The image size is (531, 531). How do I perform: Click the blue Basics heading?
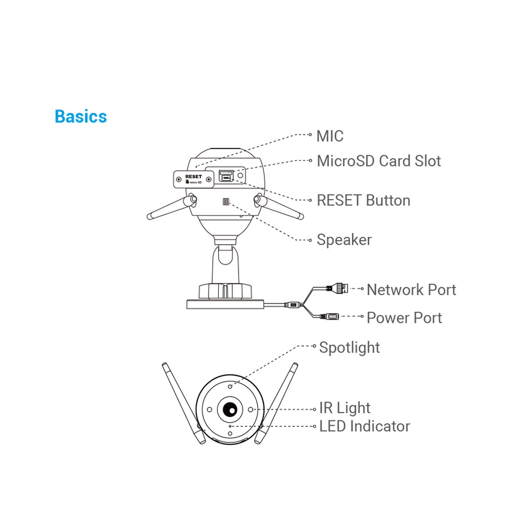80,116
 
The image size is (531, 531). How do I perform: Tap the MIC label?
330,136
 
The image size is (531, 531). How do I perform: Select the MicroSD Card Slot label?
379,161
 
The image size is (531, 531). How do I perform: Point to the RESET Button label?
363,200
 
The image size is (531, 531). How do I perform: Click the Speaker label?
344,240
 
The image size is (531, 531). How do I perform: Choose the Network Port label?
411,289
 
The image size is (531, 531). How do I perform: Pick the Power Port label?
404,317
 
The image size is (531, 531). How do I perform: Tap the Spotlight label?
349,347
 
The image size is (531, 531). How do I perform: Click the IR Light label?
344,408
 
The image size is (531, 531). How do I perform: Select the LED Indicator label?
364,426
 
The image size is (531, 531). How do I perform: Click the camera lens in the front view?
230,410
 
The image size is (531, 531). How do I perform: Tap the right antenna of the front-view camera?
277,402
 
